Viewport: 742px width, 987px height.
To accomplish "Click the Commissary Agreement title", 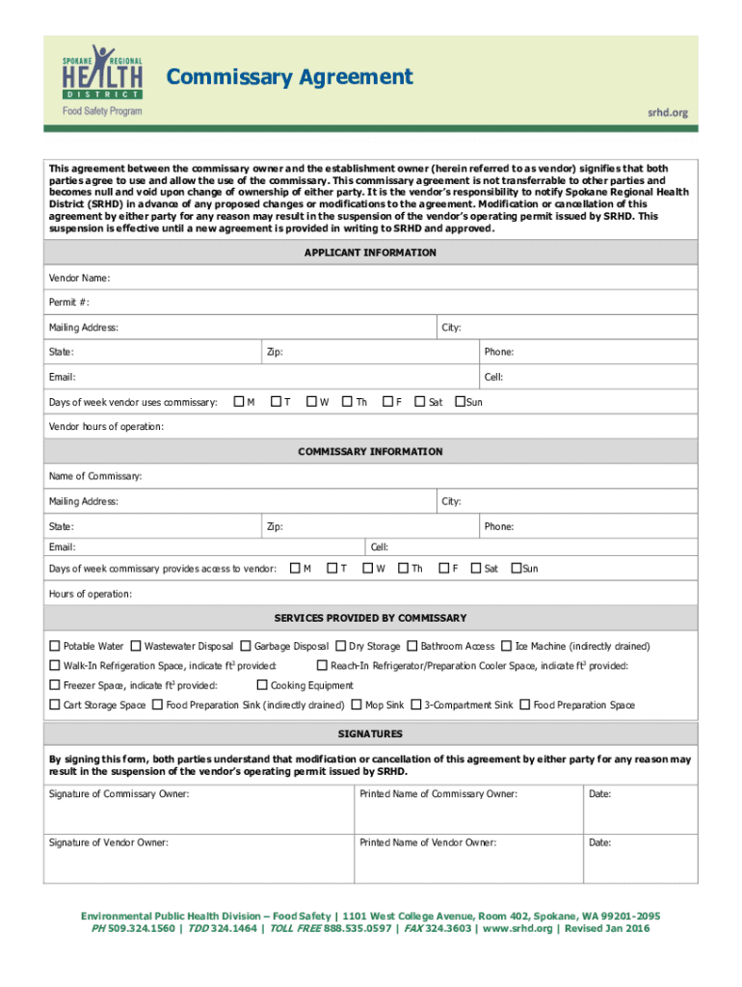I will point(290,76).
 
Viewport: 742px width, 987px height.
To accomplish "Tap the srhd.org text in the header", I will point(667,113).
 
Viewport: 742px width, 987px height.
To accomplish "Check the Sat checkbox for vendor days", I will point(420,401).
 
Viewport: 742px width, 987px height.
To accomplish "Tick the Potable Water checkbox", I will point(55,646).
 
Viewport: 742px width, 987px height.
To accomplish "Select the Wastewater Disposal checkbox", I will point(136,646).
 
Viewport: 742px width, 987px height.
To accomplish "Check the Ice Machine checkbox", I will point(507,646).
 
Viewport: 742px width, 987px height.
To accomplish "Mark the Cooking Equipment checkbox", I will point(262,685).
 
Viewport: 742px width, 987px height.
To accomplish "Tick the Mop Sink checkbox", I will point(357,705).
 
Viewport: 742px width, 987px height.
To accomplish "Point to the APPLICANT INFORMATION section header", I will point(370,253).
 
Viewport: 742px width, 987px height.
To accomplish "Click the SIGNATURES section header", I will point(370,734).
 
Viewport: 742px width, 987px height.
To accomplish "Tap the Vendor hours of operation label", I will point(106,426).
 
